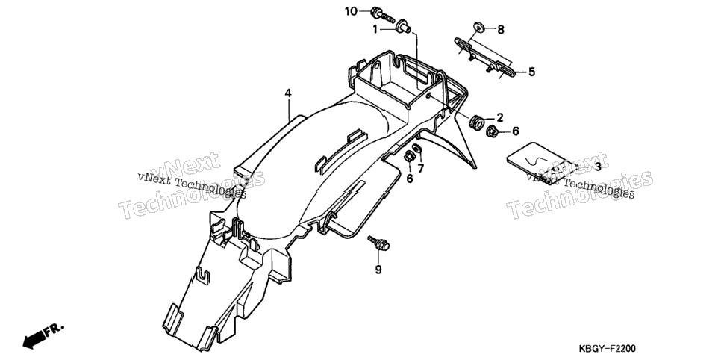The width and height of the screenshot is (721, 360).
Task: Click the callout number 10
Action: coord(351,11)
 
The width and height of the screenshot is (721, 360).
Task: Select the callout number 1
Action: coord(375,29)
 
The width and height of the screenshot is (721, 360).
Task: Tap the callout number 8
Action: coord(501,30)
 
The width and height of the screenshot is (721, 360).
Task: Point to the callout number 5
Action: coord(531,72)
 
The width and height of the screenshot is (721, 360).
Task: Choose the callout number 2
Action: coord(500,117)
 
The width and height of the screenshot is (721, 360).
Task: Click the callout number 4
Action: coord(288,93)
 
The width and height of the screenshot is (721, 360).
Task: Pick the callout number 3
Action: coord(597,167)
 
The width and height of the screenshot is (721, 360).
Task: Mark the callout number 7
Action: coord(421,169)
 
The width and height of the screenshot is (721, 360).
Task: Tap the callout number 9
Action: coord(378,270)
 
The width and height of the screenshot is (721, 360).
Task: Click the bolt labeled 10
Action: coord(383,15)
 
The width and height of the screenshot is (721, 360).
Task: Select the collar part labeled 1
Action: coord(402,26)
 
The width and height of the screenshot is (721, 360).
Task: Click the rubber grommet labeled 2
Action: coord(477,121)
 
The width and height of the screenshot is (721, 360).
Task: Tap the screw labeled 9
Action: coord(378,243)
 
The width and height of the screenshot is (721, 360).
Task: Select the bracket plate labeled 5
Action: coord(484,57)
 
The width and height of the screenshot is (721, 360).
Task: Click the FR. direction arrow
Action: coord(43,335)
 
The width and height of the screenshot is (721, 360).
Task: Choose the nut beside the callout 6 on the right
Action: coord(493,131)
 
